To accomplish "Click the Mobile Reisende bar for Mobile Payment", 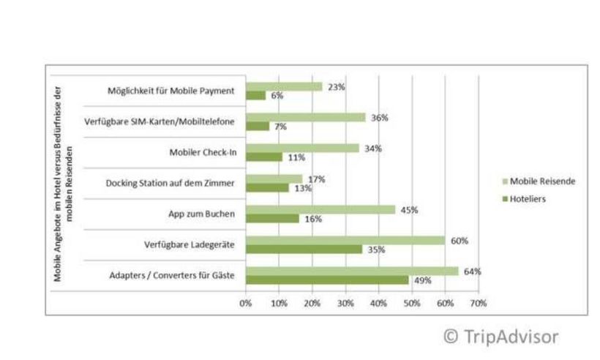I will [x=284, y=86].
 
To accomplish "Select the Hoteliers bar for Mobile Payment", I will [x=255, y=96].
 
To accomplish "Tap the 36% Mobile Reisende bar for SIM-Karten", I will [x=305, y=117].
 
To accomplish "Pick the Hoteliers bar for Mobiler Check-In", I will [x=263, y=157].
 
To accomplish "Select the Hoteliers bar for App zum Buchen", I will [x=272, y=218].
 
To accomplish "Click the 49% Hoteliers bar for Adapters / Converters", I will [x=327, y=280].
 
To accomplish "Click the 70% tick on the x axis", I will [x=478, y=302].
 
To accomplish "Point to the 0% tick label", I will [x=246, y=302].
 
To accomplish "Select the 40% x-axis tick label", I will [x=378, y=302].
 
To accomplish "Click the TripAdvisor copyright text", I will [x=501, y=337].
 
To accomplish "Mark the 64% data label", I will [x=473, y=271].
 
